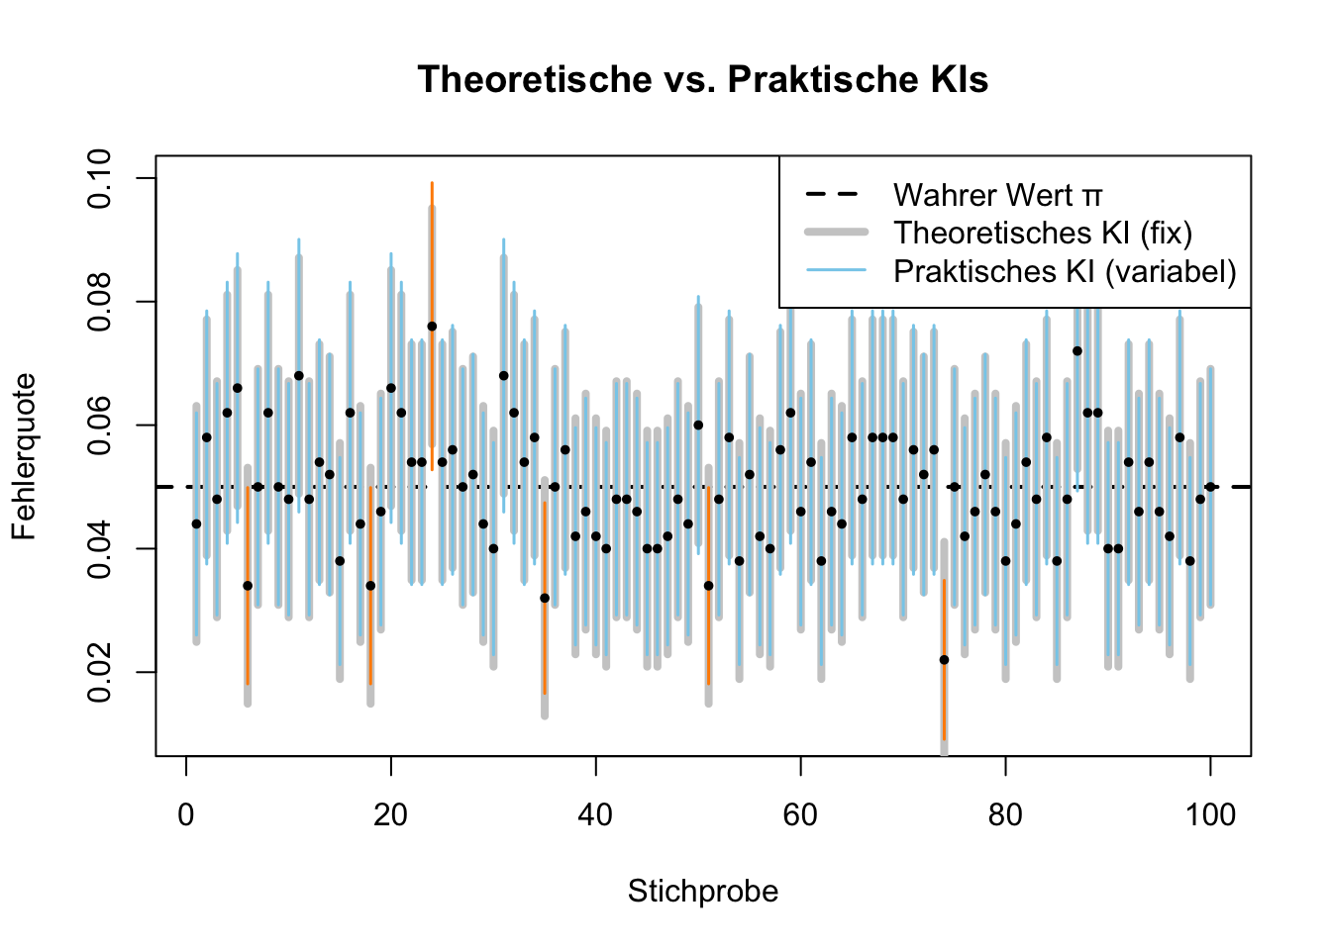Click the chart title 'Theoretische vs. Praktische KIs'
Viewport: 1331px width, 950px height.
coord(702,79)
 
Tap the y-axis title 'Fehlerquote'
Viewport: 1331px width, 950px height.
coord(24,456)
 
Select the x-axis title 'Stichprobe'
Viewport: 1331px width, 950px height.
coord(702,892)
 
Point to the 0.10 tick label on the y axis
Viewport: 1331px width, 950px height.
coord(100,178)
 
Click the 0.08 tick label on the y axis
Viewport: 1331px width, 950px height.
coord(100,302)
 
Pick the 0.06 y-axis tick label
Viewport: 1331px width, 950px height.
coord(100,426)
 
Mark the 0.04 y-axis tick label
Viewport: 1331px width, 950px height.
coord(100,549)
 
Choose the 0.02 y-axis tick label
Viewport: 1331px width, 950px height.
coord(100,673)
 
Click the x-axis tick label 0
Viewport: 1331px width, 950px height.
coord(186,815)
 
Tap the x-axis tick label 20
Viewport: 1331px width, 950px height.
coord(391,815)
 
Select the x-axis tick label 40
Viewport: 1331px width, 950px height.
coord(596,815)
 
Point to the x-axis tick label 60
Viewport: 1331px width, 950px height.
coord(800,815)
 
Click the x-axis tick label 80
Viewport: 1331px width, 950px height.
coord(1005,815)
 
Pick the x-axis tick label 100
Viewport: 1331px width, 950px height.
coord(1210,815)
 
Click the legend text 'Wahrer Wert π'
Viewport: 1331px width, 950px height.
coord(997,195)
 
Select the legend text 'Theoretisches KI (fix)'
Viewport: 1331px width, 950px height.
coord(1043,233)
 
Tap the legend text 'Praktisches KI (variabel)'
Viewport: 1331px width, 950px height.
coord(1065,270)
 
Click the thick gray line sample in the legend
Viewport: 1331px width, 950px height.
coord(837,233)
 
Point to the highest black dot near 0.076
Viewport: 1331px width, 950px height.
coord(432,326)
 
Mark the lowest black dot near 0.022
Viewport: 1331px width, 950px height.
coord(944,660)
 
